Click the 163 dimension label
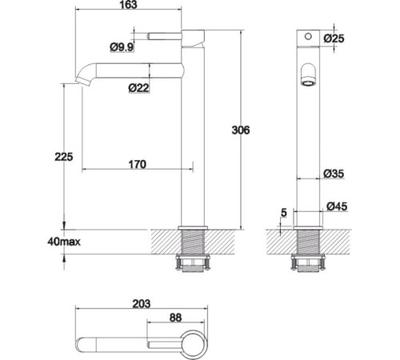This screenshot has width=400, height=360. click(129, 5)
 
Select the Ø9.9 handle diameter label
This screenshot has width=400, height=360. click(122, 47)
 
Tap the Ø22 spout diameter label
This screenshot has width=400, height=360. click(138, 88)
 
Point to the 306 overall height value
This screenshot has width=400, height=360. click(241, 130)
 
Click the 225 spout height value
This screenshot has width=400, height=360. click(64, 157)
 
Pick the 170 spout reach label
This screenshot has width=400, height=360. click(138, 164)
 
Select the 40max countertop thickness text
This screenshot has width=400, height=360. click(64, 242)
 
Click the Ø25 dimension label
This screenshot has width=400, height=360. click(334, 38)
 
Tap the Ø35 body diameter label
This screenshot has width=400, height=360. click(334, 174)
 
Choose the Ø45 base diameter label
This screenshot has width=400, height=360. click(337, 206)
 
